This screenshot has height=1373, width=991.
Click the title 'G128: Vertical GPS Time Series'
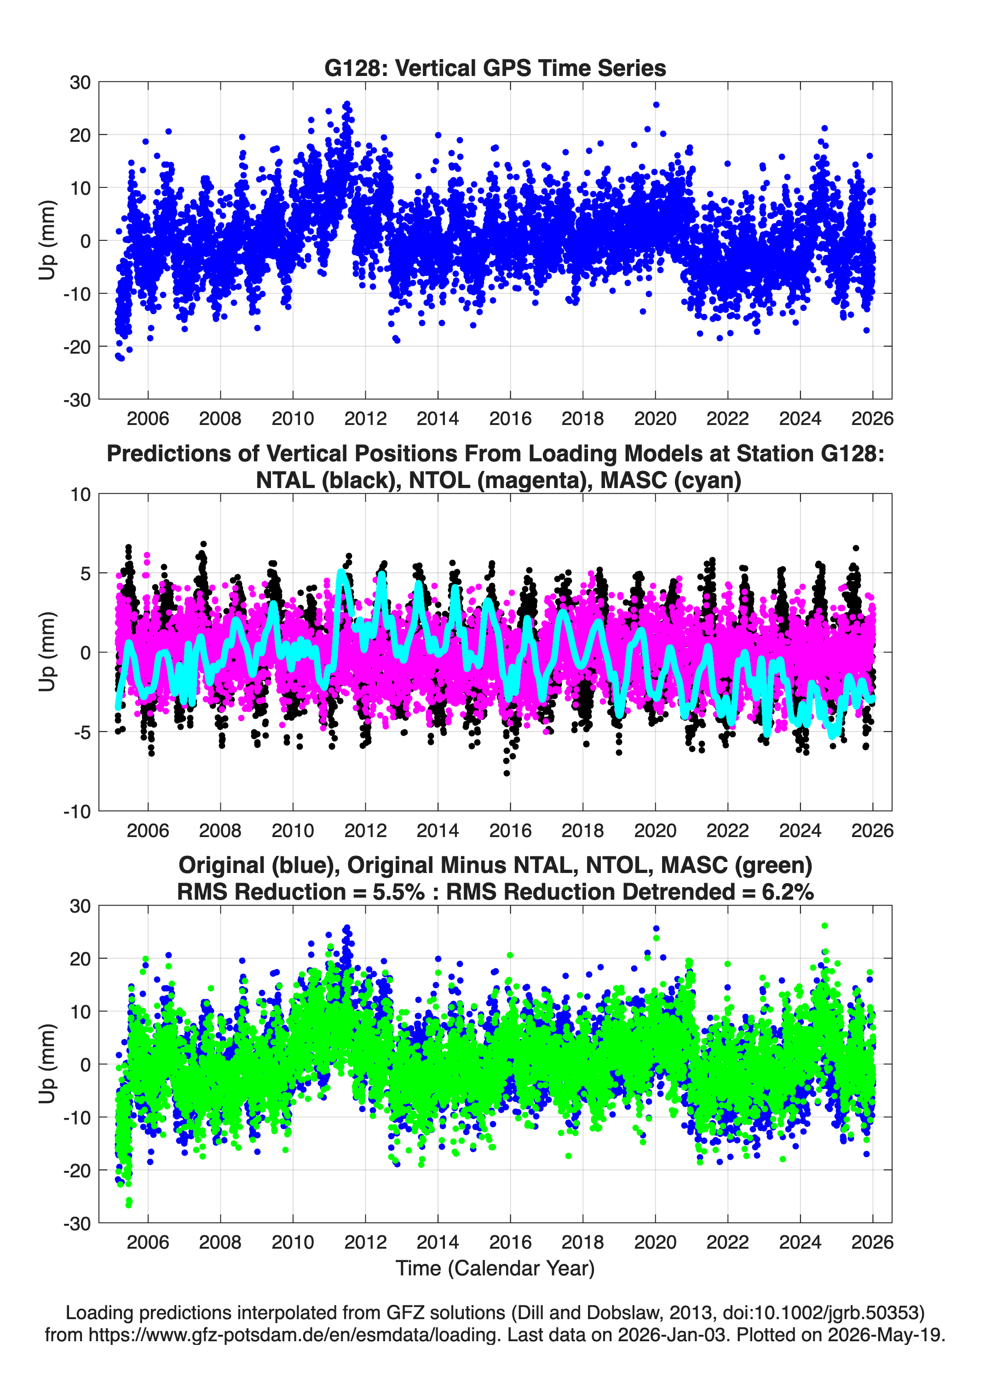click(495, 68)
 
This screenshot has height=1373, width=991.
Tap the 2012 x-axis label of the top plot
click(365, 419)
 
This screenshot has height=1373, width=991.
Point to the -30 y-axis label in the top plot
click(77, 400)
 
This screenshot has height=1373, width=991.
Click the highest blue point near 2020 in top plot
click(656, 105)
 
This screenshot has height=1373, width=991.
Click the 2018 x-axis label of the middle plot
click(582, 830)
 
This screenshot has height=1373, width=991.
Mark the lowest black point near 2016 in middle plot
click(507, 773)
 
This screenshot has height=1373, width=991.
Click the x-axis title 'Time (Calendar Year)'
click(495, 1268)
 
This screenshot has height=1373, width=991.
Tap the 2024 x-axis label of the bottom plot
click(800, 1242)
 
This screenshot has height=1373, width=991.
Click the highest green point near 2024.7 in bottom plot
click(824, 925)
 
